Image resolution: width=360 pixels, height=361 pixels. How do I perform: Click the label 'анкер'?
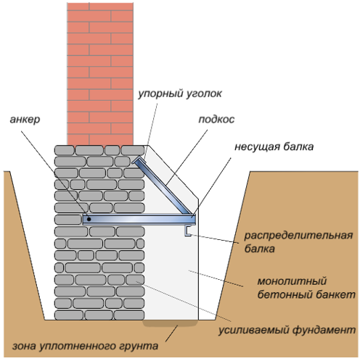pos(25,120)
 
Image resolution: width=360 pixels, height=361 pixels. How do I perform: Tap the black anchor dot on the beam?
pos(89,219)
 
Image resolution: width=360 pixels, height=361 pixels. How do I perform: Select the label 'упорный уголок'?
pos(180,94)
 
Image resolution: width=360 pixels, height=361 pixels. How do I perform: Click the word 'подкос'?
pos(216,119)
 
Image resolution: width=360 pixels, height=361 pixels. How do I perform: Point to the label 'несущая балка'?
pos(274,147)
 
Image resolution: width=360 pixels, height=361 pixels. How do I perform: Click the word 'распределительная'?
pos(298,236)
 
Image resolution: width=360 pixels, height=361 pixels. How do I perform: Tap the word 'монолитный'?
pos(292,281)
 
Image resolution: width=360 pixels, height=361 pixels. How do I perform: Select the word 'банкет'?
pos(335,294)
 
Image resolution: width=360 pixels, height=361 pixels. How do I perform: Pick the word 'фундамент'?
pos(324,330)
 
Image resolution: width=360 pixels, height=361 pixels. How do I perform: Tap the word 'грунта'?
pos(139,347)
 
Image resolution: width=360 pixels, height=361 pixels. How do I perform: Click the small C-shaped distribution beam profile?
pos(188,231)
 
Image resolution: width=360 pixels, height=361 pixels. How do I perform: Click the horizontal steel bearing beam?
pos(139,220)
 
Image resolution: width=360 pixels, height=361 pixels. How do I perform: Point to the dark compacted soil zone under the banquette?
pos(171,323)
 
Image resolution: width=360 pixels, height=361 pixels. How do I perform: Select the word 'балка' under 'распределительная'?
pos(259,249)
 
